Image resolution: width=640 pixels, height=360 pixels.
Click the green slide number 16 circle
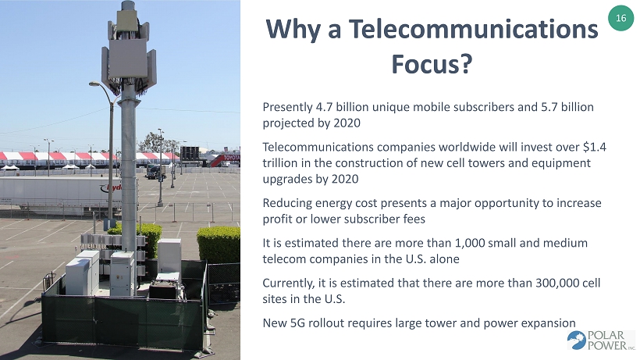(x=620, y=18)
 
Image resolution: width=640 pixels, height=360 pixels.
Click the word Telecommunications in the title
(x=474, y=29)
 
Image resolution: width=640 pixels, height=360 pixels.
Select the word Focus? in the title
(x=432, y=64)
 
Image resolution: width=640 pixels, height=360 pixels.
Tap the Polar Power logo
(x=601, y=340)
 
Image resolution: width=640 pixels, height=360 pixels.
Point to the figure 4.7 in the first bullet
(x=324, y=107)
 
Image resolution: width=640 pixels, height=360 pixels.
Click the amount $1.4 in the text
(x=595, y=147)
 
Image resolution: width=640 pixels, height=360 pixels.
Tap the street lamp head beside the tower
(x=94, y=84)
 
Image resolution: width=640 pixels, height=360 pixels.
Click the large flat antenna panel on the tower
(x=128, y=59)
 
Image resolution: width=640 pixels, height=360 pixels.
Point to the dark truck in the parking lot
(x=155, y=172)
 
